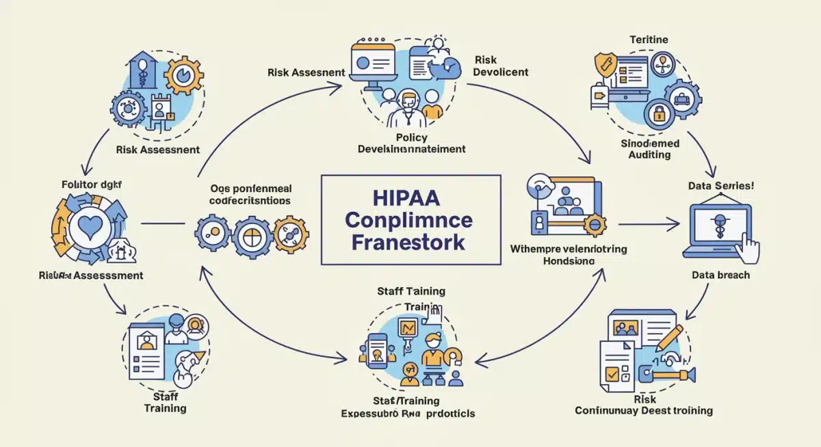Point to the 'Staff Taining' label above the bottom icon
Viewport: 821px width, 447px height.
tap(411, 291)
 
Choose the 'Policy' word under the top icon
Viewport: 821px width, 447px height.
tap(411, 137)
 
